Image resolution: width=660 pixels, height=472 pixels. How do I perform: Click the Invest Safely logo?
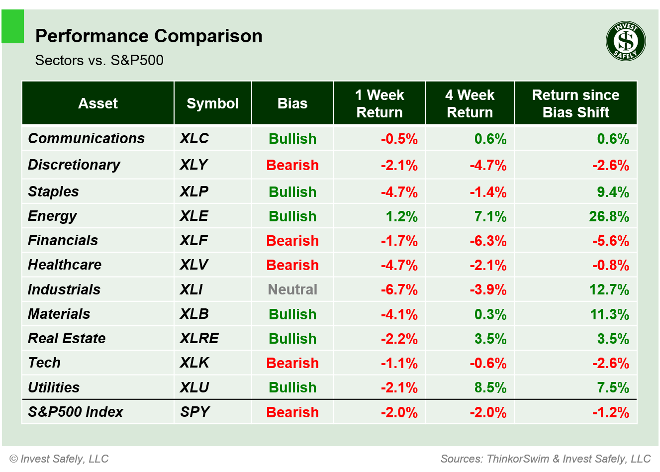tap(626, 41)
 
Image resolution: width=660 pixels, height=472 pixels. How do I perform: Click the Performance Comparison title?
tap(149, 36)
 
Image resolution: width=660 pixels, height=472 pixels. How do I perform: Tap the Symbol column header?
tap(212, 103)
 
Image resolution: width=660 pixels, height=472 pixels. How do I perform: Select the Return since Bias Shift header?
tap(575, 103)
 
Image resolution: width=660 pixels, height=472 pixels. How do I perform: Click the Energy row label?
tap(52, 216)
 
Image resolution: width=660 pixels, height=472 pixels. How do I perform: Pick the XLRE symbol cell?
tap(199, 338)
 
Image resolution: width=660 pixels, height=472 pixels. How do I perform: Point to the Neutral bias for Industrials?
tap(292, 289)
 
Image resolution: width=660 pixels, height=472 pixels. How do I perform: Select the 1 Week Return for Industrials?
tap(399, 289)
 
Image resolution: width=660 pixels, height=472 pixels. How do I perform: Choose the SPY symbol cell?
tap(194, 412)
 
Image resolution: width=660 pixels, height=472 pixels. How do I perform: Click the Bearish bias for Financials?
tap(292, 241)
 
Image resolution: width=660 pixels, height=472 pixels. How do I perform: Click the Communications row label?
tap(86, 138)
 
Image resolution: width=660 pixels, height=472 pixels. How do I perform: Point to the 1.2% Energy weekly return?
tap(401, 216)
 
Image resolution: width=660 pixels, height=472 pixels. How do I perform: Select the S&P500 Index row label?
tap(75, 412)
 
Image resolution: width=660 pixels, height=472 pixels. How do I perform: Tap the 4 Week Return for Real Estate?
tap(490, 339)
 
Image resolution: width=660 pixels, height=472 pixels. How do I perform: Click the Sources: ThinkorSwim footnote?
tap(545, 459)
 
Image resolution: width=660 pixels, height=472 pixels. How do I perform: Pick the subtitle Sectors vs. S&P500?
tap(99, 60)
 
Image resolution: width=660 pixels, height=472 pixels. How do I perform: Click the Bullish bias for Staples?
tap(292, 192)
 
